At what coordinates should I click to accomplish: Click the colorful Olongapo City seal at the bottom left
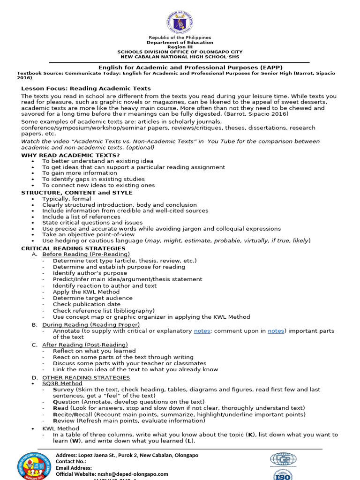click(x=35, y=466)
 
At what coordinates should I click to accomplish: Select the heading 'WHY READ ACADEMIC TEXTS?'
click(x=70, y=155)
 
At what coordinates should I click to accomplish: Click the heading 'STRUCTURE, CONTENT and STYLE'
click(x=77, y=193)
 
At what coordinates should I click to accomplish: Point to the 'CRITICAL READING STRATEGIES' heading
click(x=73, y=248)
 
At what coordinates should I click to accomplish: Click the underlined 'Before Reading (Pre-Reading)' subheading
click(x=86, y=254)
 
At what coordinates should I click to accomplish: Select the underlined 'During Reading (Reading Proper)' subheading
click(x=91, y=324)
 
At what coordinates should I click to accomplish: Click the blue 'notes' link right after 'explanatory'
click(x=202, y=331)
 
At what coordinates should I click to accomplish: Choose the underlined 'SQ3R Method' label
click(x=62, y=383)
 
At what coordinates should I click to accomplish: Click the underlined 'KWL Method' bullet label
click(x=60, y=428)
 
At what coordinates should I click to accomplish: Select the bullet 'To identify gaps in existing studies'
click(x=93, y=179)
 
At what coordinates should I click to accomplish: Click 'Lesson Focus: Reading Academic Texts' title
click(x=86, y=88)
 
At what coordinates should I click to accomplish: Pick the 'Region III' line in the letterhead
click(x=180, y=47)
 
